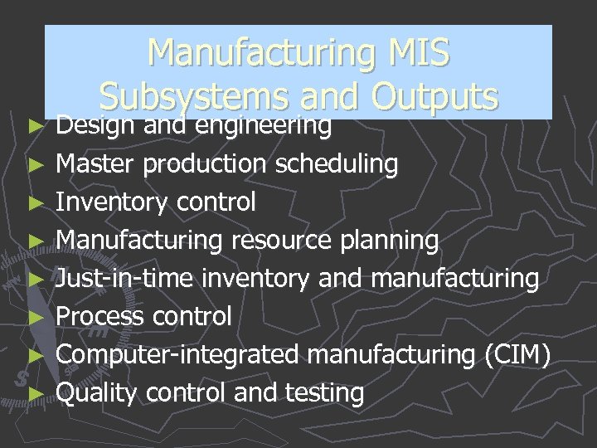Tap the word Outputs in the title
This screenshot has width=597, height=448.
(x=434, y=97)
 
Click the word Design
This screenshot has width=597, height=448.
(x=96, y=126)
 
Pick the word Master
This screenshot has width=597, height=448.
(x=96, y=164)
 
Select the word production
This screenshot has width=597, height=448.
(x=207, y=164)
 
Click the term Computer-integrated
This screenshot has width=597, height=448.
(x=177, y=354)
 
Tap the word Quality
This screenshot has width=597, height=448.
(x=96, y=392)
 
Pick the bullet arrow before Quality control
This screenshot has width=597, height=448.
(x=35, y=394)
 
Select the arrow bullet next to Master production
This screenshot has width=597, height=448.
(x=35, y=165)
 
